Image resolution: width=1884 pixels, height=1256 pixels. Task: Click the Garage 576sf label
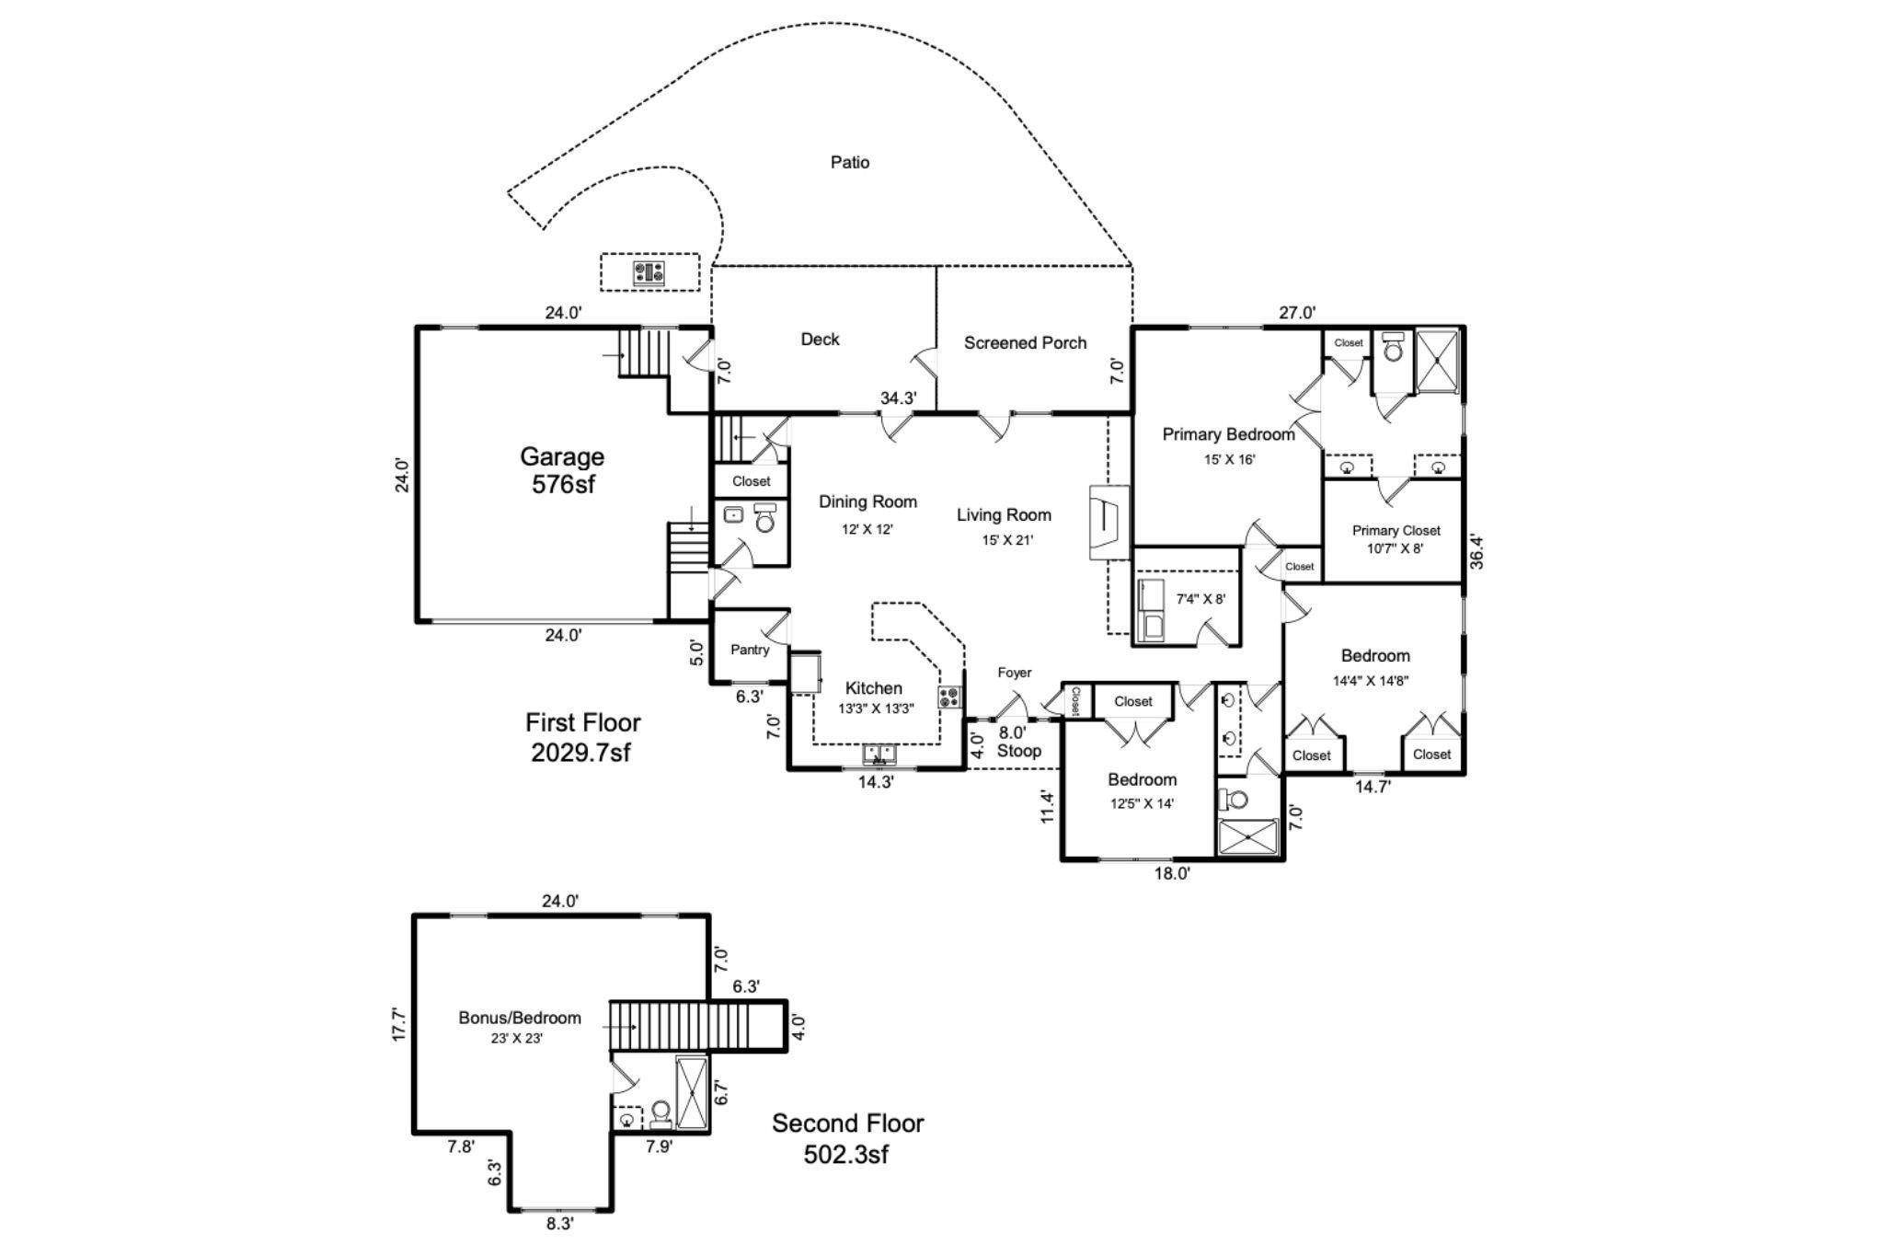(562, 470)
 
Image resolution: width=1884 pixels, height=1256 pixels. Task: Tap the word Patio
(849, 163)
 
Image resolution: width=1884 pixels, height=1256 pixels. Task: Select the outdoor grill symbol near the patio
(649, 272)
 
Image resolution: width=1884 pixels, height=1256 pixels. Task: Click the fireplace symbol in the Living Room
(1108, 523)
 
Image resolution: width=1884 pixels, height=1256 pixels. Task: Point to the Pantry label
(750, 650)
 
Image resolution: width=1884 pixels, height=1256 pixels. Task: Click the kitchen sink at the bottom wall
(879, 755)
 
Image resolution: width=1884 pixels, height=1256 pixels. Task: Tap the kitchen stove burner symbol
(949, 697)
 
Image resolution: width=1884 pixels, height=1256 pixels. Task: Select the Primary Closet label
(1396, 531)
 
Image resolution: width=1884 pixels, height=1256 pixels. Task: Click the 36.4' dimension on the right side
(1476, 552)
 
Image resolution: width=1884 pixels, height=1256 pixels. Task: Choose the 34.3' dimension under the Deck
(898, 398)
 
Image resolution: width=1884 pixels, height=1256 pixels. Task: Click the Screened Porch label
(1025, 343)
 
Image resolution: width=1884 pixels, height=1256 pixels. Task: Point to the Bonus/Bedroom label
(520, 1018)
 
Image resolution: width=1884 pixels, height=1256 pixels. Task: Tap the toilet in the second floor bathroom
(660, 1114)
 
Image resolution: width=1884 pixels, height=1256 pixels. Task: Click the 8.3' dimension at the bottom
(559, 1224)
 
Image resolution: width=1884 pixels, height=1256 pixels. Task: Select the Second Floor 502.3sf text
(847, 1138)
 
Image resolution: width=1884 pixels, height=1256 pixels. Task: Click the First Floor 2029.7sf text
(582, 737)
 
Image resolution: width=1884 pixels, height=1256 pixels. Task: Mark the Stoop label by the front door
(1019, 751)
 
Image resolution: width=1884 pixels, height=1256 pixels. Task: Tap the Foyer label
(1014, 673)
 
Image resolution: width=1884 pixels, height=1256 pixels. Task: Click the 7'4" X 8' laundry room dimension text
(1200, 599)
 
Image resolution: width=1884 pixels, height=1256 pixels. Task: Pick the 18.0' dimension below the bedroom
(1172, 874)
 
